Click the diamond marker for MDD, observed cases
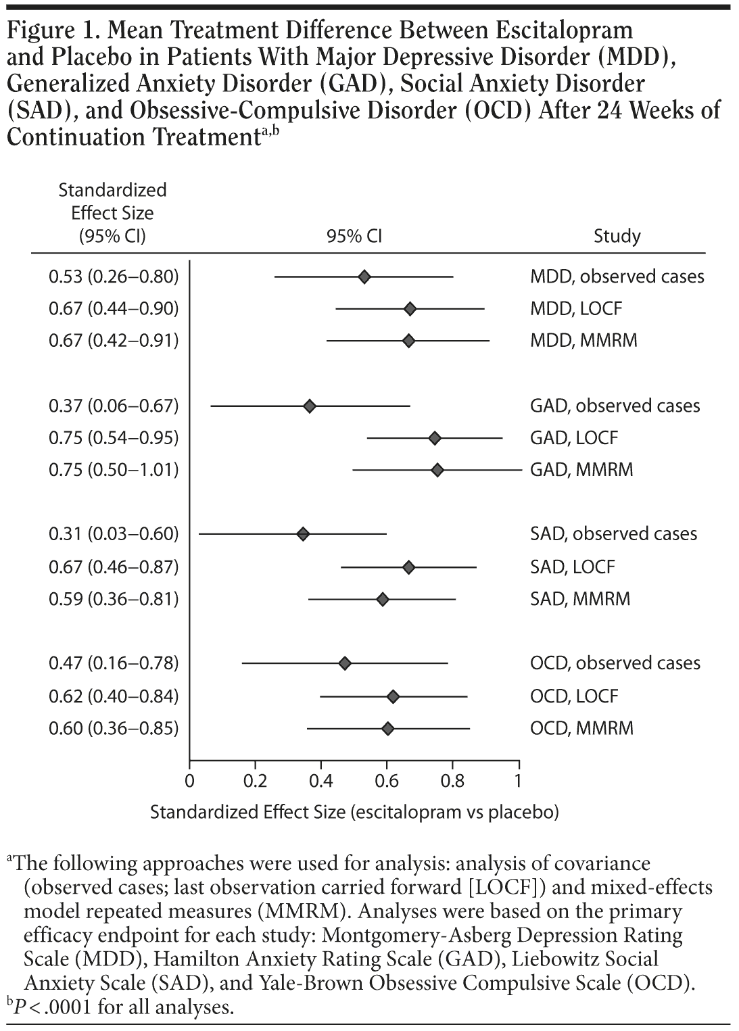364,277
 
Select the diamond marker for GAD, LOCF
435,438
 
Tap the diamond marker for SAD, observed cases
303,534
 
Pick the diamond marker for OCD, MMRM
387,728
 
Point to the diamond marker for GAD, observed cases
310,406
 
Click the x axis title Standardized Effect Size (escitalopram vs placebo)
354,812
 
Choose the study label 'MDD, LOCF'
575,309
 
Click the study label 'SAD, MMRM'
580,598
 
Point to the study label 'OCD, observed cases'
615,663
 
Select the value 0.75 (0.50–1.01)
114,470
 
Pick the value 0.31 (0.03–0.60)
114,534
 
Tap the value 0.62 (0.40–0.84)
114,696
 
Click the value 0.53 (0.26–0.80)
114,277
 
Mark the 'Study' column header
617,236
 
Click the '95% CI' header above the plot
354,236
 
